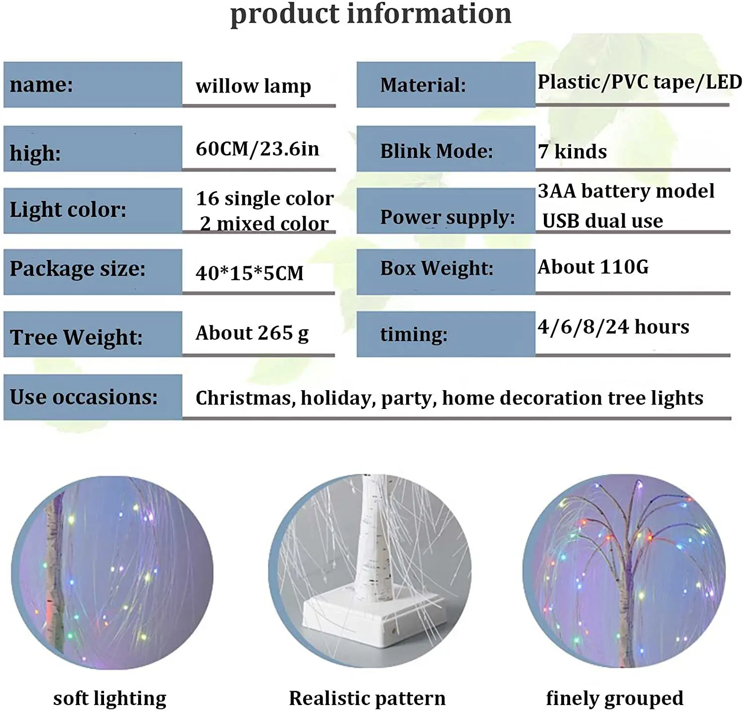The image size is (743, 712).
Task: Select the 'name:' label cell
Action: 93,85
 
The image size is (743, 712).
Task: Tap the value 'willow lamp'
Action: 253,86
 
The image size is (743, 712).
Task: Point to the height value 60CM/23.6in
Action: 257,149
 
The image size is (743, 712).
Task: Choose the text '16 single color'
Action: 265,199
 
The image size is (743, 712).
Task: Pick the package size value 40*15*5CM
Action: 249,273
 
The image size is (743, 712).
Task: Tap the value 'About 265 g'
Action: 252,333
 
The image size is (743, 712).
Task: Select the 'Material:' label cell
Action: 445,85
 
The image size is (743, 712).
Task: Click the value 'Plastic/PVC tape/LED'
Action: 639,82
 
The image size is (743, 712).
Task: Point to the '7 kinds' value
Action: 572,152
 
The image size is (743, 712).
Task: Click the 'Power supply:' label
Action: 447,217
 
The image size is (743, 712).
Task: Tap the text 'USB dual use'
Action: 602,221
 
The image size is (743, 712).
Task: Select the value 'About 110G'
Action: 593,267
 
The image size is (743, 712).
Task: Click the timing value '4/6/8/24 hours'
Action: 613,327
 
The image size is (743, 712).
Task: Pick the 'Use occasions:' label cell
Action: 93,397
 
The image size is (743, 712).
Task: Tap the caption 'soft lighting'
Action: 109,698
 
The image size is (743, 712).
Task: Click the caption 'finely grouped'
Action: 614,698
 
